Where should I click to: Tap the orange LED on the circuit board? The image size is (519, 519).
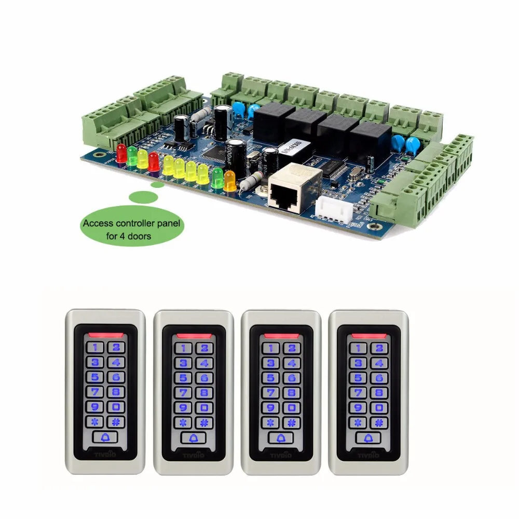pyautogui.click(x=229, y=177)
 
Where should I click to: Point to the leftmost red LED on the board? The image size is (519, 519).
pyautogui.click(x=122, y=153)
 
